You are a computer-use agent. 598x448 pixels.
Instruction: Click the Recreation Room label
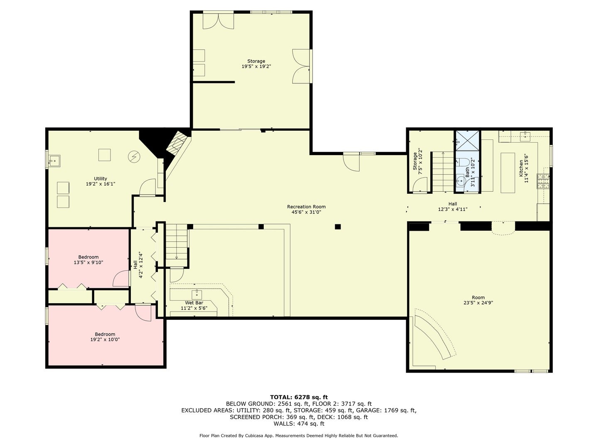[306, 207]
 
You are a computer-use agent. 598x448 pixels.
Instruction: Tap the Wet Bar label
[194, 303]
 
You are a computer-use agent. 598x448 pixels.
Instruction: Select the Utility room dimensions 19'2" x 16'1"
[100, 184]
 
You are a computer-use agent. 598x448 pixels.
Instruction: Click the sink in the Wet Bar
[196, 294]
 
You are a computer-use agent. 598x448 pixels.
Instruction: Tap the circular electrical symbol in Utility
[134, 156]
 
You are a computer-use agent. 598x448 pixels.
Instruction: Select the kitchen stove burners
[543, 181]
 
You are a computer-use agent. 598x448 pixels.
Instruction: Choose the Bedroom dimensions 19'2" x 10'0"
[105, 339]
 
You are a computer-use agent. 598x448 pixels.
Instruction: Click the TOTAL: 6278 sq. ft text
[299, 397]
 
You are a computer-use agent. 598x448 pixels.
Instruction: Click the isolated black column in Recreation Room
[338, 226]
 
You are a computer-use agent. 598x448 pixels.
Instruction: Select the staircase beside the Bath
[443, 172]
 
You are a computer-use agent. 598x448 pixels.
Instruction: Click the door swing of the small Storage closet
[420, 185]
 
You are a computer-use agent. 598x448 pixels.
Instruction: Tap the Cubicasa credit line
[299, 436]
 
